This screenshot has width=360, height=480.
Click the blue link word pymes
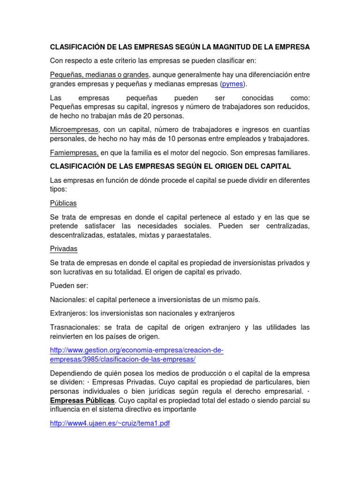[x=233, y=84]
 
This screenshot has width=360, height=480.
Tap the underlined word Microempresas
[x=75, y=129]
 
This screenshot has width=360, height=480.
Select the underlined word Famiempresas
[x=74, y=152]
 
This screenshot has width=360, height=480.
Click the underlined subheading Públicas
[x=63, y=203]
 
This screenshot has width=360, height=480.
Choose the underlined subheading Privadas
[x=64, y=249]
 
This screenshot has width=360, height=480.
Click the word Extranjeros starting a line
[x=68, y=313]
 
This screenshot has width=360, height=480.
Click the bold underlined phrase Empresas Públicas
[x=82, y=400]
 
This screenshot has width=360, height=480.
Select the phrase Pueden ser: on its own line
[x=69, y=285]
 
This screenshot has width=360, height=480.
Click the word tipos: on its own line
[x=59, y=189]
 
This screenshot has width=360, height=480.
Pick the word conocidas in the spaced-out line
[x=257, y=97]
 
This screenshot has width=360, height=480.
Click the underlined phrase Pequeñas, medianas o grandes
[x=99, y=75]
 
